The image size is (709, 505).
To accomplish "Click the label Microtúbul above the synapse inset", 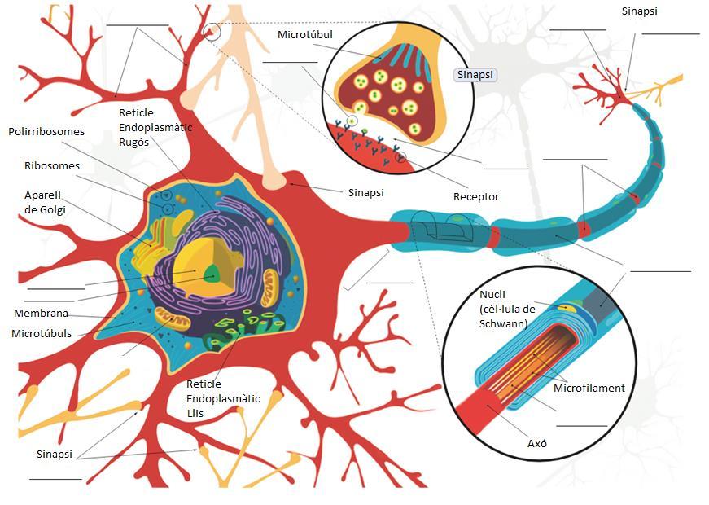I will tap(305, 35).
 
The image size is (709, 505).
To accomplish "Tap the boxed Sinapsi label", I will tap(475, 74).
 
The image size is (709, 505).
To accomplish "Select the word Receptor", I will tap(476, 197).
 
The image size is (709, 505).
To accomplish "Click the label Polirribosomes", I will tap(46, 131).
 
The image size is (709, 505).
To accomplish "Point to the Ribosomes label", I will tap(52, 166).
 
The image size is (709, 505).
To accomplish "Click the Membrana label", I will tap(41, 314).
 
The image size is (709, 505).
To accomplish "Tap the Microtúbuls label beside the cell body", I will tap(42, 333).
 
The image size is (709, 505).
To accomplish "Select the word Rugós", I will tap(135, 141).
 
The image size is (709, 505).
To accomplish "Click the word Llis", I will tap(196, 413).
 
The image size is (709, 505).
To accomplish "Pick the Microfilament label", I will tap(589, 388).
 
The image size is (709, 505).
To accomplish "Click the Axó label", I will tap(537, 444).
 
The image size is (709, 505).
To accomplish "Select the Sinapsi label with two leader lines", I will tap(55, 453).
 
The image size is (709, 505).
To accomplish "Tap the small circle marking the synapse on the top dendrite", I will tap(212, 31).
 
